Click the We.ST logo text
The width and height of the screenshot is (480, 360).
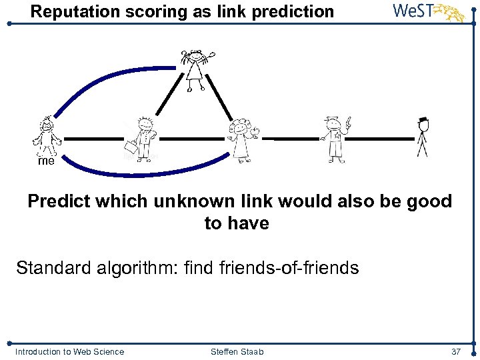coord(415,11)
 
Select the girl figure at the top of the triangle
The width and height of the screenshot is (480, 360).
coord(196,69)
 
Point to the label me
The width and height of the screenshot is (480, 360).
coord(46,161)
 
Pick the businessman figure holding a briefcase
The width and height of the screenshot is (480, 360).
coord(143,139)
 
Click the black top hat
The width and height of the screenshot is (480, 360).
coord(423,120)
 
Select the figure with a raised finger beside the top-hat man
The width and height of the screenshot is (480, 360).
coord(334,138)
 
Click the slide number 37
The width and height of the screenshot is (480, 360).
coord(456,352)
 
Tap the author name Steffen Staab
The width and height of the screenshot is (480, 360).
coord(236,352)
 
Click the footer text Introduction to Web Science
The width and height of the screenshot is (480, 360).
coord(69,352)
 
